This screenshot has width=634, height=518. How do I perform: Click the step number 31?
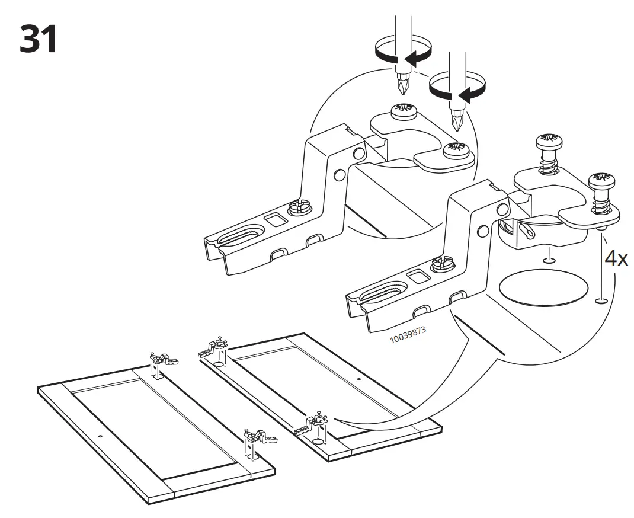coord(39,39)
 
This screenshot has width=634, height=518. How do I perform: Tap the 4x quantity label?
coord(616,259)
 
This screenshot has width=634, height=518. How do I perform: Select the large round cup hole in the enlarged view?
coord(543,288)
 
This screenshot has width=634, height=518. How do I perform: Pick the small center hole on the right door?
coord(358,378)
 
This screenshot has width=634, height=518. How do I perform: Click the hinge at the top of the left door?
coord(162,359)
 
